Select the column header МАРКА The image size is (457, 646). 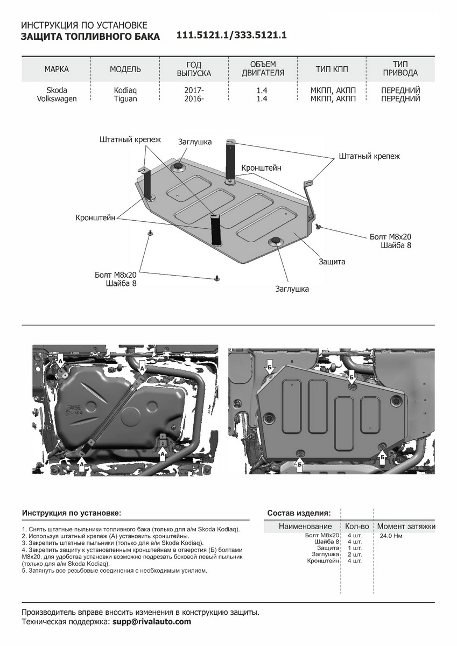[57, 69]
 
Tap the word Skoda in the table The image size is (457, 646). [57, 90]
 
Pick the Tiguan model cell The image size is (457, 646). [125, 99]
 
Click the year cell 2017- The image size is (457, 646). [194, 90]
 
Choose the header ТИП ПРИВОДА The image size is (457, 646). [400, 69]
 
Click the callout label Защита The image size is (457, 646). [332, 262]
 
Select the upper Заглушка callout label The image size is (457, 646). [195, 142]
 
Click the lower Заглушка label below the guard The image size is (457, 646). [292, 289]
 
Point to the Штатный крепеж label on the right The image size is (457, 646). [370, 156]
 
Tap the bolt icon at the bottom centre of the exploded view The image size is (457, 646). [217, 278]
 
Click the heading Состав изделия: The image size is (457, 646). [299, 512]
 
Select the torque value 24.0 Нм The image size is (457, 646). [391, 536]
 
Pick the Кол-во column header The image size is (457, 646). [357, 526]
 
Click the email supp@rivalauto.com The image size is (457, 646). [151, 622]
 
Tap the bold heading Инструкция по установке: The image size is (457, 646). [72, 513]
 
